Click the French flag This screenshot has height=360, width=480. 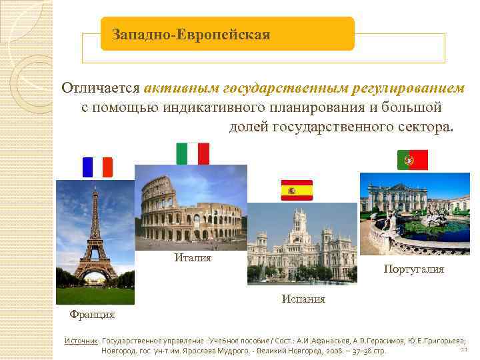[97, 167]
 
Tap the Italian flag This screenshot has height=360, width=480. [193, 153]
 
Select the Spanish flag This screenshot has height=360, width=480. [297, 191]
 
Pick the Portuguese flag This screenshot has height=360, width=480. [413, 160]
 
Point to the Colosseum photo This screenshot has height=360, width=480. [191, 207]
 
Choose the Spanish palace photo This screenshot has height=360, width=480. [302, 243]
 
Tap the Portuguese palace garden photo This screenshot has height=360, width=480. [415, 213]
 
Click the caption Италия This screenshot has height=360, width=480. [193, 258]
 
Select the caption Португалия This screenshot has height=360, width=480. [413, 269]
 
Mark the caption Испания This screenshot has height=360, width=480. [303, 299]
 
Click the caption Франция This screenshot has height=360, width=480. [93, 314]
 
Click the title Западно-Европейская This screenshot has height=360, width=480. [191, 34]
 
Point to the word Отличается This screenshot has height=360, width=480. [101, 89]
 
